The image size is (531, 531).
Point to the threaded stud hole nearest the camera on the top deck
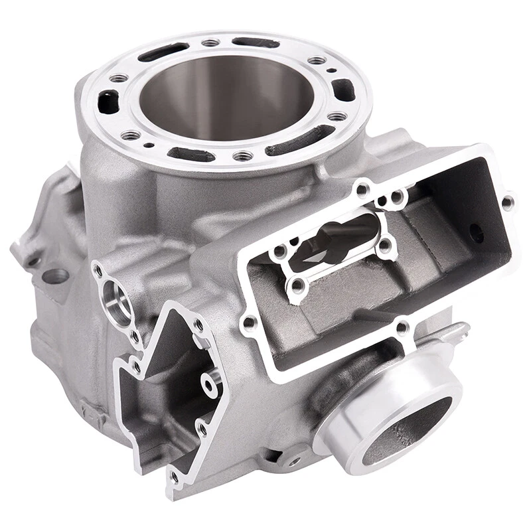click(243, 156)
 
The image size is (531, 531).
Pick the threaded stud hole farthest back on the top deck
click(211, 42)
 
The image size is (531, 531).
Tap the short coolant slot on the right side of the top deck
click(343, 88)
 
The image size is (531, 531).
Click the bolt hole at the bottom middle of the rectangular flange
click(401, 327)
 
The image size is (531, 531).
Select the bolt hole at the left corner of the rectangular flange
click(249, 323)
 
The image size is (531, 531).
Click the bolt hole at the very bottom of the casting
click(175, 476)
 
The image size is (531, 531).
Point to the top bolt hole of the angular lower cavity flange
click(198, 325)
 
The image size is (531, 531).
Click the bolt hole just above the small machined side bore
click(98, 269)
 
